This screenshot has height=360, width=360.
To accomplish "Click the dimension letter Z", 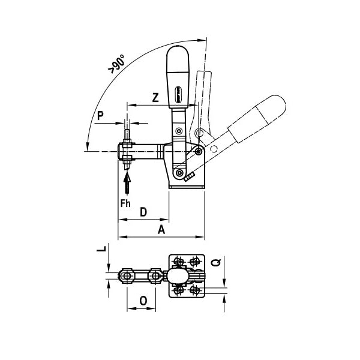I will [x=155, y=98].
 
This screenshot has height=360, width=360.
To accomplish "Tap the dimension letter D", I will [x=144, y=212].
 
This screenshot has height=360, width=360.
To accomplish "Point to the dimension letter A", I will [x=161, y=230].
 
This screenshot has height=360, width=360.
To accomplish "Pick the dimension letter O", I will [x=143, y=300].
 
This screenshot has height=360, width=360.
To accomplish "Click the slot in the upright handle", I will [x=177, y=95].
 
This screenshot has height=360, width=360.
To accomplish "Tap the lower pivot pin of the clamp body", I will [x=179, y=173].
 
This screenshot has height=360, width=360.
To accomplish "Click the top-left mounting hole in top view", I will [x=178, y=261].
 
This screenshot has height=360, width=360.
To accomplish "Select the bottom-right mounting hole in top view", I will [x=194, y=290].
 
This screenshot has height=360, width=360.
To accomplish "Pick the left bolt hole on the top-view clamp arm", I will [x=126, y=275].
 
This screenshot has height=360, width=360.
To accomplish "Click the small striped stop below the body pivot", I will [x=190, y=177].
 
